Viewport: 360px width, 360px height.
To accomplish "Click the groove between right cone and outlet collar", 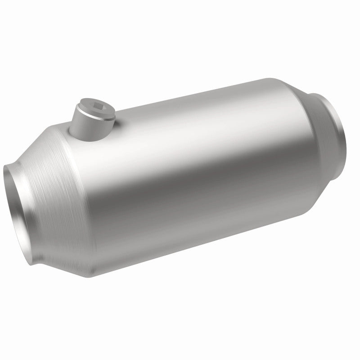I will coord(317,112).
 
